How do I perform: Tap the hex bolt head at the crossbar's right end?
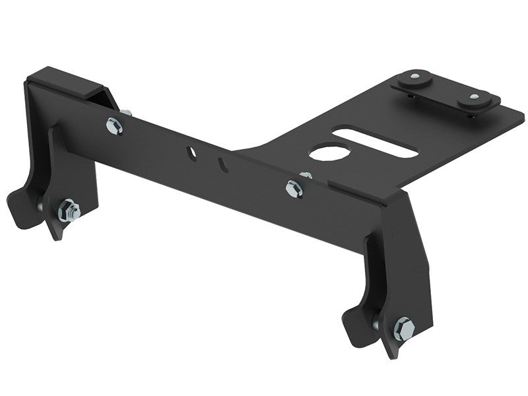[x=294, y=189]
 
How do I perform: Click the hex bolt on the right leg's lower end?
[x=403, y=328]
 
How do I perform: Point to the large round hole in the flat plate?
[x=323, y=153]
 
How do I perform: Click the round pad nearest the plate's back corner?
[x=415, y=78]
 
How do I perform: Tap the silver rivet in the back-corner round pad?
[x=414, y=76]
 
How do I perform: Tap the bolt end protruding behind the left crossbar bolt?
[x=126, y=113]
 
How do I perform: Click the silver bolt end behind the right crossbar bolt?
[x=306, y=176]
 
